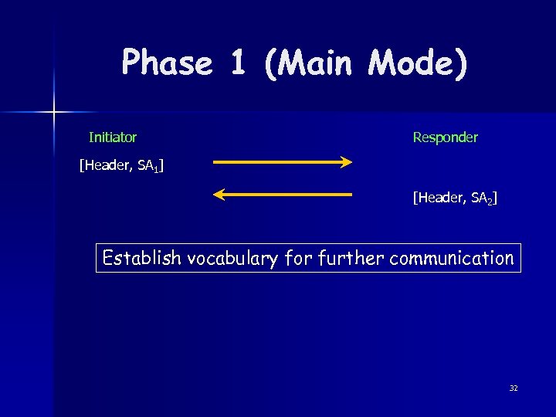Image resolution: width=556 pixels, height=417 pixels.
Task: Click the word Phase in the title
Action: pos(167,63)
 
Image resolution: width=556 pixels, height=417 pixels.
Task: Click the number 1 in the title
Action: pos(238,63)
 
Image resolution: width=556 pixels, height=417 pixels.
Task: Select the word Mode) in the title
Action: pos(418,63)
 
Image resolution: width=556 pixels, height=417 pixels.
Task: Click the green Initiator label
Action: pos(113,137)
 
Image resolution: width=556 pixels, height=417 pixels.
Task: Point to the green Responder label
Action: pos(445,137)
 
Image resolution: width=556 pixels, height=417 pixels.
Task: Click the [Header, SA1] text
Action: pos(121,164)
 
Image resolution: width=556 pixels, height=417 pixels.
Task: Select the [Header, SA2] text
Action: pos(455,199)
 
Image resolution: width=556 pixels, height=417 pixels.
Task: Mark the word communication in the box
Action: pos(452,258)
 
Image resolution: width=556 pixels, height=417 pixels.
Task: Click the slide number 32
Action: pos(514,388)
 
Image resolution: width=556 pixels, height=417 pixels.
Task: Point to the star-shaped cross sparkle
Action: pos(54,113)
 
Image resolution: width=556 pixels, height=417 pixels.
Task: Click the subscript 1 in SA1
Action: pos(158,168)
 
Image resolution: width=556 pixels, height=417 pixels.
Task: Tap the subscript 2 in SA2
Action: pos(488,202)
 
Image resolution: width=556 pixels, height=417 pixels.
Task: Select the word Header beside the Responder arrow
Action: pos(437,199)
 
